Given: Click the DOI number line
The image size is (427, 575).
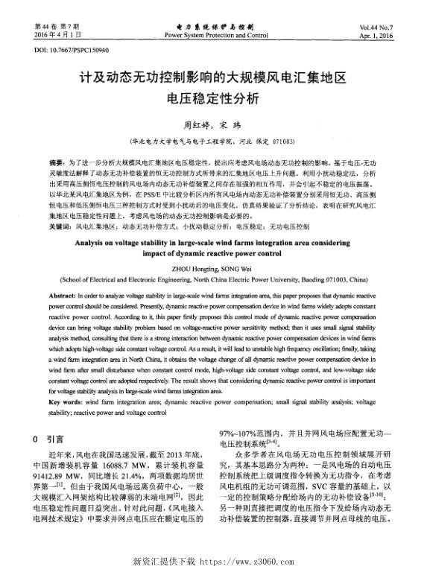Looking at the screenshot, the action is point(72,50).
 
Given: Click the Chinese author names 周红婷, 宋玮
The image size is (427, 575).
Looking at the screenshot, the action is point(212,125).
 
